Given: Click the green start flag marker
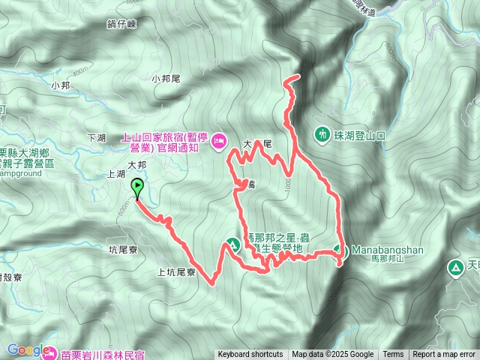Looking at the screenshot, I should [137, 187].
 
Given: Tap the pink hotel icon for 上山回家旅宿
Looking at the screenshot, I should [219, 140].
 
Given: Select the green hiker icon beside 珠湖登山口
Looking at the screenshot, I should [322, 135].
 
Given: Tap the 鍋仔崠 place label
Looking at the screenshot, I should [121, 24].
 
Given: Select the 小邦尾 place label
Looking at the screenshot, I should [166, 79].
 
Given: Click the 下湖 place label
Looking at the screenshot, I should [97, 138].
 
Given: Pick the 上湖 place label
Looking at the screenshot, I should [116, 173].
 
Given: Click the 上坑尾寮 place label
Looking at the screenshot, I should [177, 273].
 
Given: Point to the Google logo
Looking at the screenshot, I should [25, 349].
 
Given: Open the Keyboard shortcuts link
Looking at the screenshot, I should [250, 355].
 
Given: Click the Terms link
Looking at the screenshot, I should [393, 355].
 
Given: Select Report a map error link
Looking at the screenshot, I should [444, 355].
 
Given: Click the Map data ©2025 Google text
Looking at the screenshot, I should [332, 355].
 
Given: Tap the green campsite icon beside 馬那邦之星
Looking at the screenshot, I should [232, 244].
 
